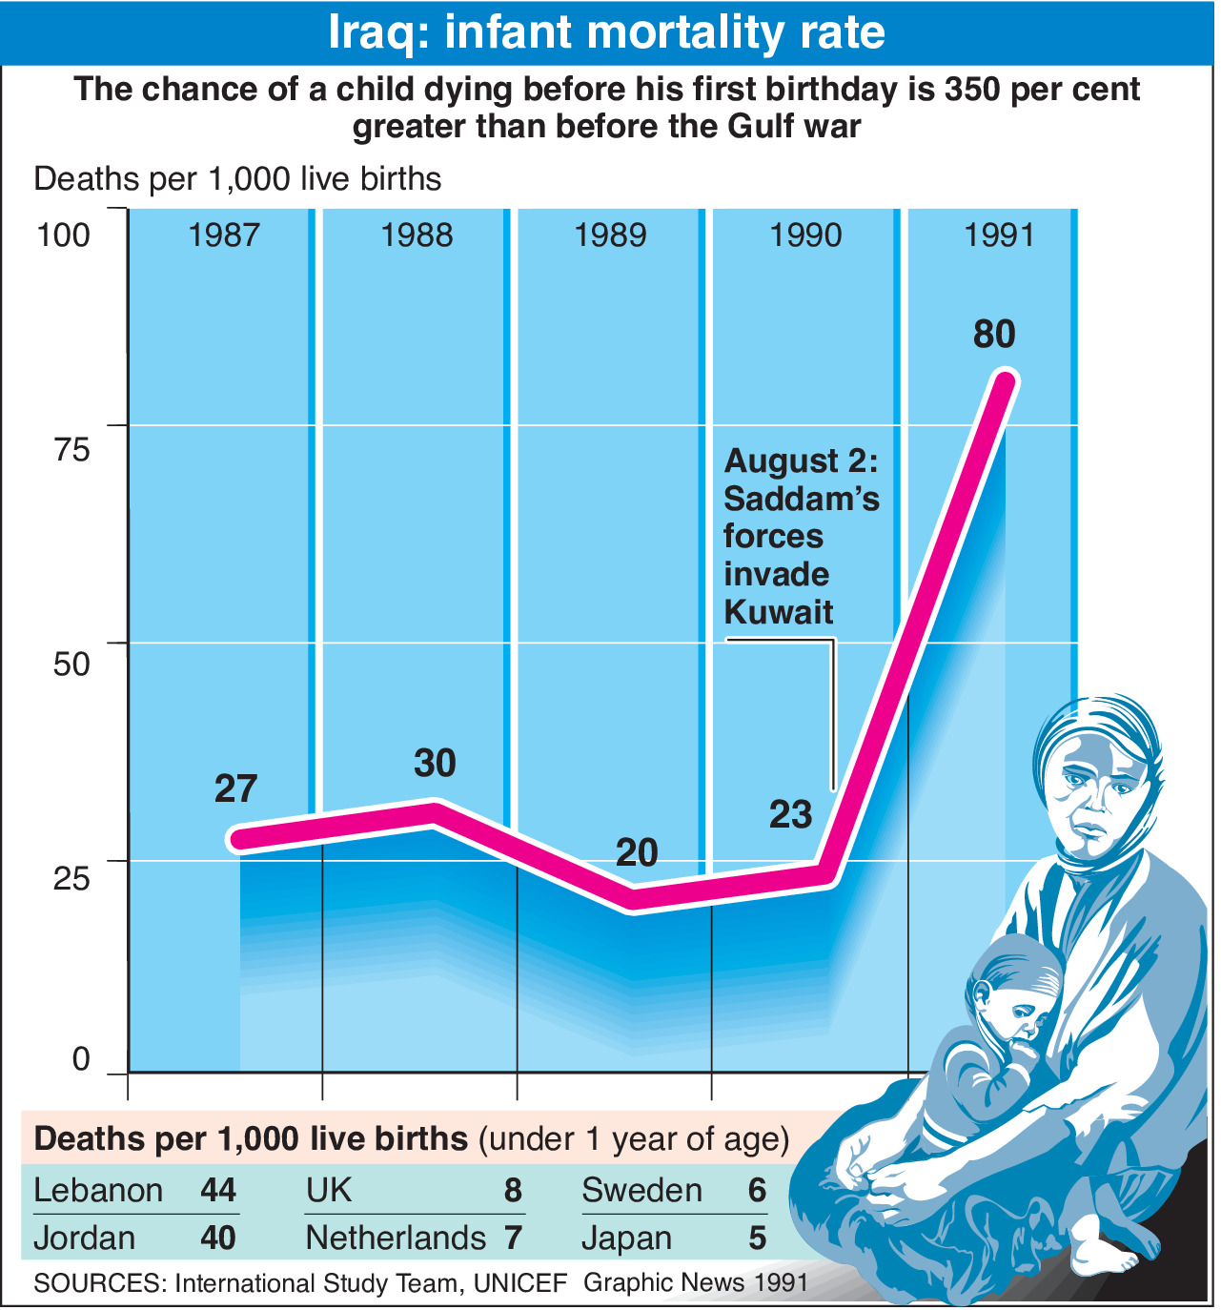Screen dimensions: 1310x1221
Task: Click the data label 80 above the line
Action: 994,335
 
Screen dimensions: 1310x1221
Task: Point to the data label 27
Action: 235,788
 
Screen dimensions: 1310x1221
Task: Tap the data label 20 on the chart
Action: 637,852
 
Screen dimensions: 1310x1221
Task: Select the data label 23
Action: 790,815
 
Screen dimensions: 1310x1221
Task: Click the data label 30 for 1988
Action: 435,763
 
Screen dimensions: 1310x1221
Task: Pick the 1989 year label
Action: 610,235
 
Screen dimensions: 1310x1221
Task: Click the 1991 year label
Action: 999,235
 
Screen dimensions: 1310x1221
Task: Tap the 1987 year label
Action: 224,235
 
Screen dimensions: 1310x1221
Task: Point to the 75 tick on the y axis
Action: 71,448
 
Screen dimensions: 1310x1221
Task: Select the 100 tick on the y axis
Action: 63,235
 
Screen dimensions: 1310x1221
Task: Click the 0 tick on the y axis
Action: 81,1059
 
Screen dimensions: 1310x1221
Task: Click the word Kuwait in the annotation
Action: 779,612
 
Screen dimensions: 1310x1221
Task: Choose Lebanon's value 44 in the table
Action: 218,1190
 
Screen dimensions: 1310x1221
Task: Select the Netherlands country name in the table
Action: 396,1238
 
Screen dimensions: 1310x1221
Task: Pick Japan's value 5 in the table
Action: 757,1238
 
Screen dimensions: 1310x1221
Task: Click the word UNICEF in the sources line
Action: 520,1283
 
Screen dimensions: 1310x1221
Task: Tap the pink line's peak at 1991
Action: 1005,380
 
